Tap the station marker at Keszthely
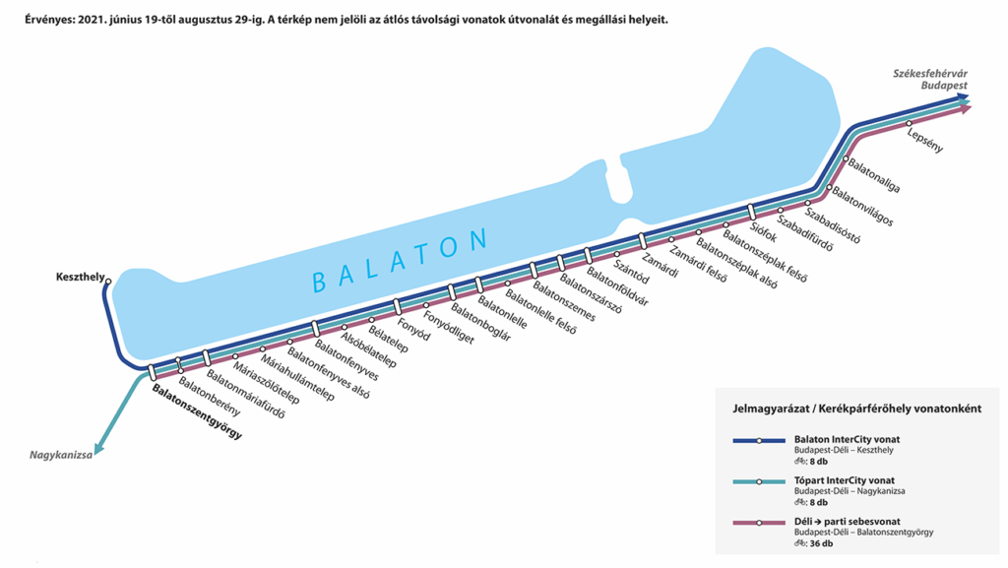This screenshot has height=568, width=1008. click(108, 282)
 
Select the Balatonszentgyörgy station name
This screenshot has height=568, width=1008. click(197, 411)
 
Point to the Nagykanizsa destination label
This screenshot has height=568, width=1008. click(61, 455)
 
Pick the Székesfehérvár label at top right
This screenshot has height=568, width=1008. click(930, 73)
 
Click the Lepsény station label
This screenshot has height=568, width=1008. click(925, 140)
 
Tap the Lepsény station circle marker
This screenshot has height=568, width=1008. click(910, 123)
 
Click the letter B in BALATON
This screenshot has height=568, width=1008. click(319, 282)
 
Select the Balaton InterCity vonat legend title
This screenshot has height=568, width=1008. click(847, 439)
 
